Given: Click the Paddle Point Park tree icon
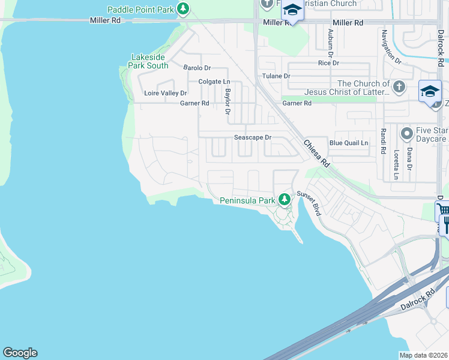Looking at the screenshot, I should point(183,10).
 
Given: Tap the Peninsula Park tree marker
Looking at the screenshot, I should point(285,200).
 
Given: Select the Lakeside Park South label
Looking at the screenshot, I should point(149,61).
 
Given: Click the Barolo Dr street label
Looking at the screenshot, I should point(197,68).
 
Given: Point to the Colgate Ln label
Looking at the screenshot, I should point(214,82).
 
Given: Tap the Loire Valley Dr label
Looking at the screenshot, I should point(166,93).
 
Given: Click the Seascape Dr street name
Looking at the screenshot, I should point(253,137).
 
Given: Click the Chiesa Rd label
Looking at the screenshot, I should point(316,154).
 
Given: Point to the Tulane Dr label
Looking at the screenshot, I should point(276,76).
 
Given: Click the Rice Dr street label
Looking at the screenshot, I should point(328,63).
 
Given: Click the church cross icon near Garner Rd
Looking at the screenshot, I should point(398,88).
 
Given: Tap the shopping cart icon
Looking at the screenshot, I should point(443,210).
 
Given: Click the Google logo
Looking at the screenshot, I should point(20,353).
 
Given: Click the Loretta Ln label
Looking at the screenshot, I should point(396,164).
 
